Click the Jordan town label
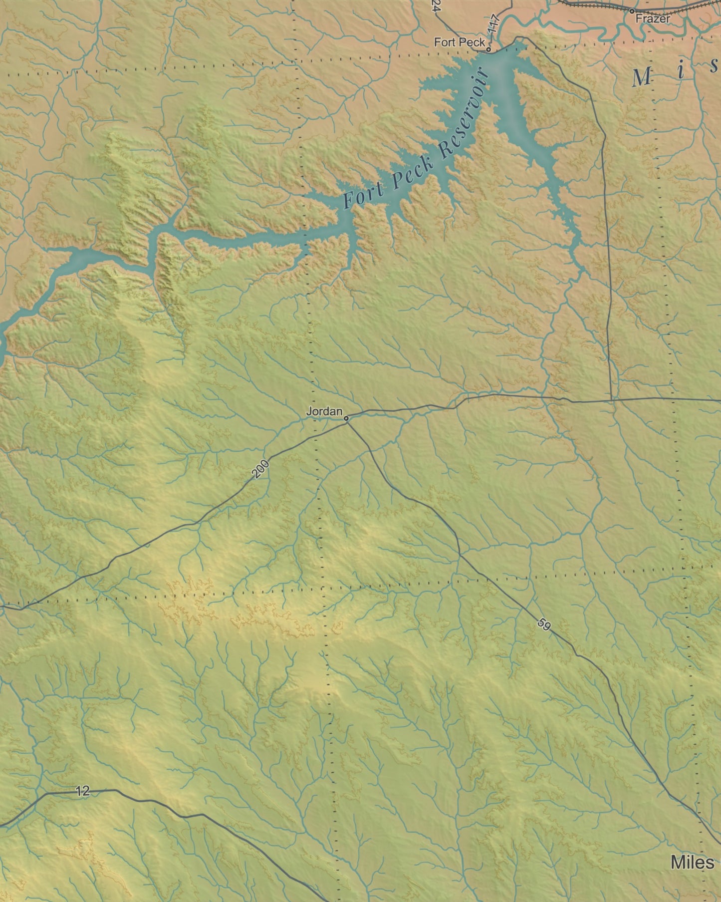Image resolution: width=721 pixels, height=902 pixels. pos(324,412)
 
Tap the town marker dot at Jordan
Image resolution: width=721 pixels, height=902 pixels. pos(346,418)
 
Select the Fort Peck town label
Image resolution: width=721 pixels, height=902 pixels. pos(459,42)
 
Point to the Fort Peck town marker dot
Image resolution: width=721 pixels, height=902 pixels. pos(488,49)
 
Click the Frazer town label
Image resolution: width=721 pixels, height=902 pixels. pos(653,19)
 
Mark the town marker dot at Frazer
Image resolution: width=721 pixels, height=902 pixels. pos(632,10)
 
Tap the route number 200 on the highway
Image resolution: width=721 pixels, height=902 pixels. pos(260,469)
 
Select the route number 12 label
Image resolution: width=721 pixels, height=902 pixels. pos(83,791)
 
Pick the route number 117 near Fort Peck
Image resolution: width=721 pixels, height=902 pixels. pos(494,25)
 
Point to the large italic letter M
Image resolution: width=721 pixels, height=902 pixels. pos(642,77)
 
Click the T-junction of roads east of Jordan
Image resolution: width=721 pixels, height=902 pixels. pos(612,400)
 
